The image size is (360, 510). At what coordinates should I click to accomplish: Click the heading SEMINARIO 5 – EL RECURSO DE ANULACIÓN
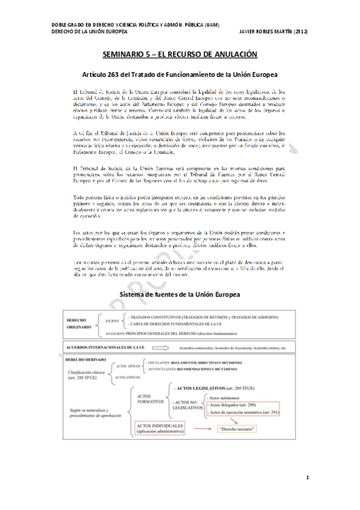pos(180,55)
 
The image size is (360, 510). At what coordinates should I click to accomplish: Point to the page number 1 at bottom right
pos(307,478)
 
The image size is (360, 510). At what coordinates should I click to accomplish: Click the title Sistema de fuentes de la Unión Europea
pos(180,295)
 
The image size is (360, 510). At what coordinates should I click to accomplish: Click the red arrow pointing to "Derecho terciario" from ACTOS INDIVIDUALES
pos(201,429)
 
